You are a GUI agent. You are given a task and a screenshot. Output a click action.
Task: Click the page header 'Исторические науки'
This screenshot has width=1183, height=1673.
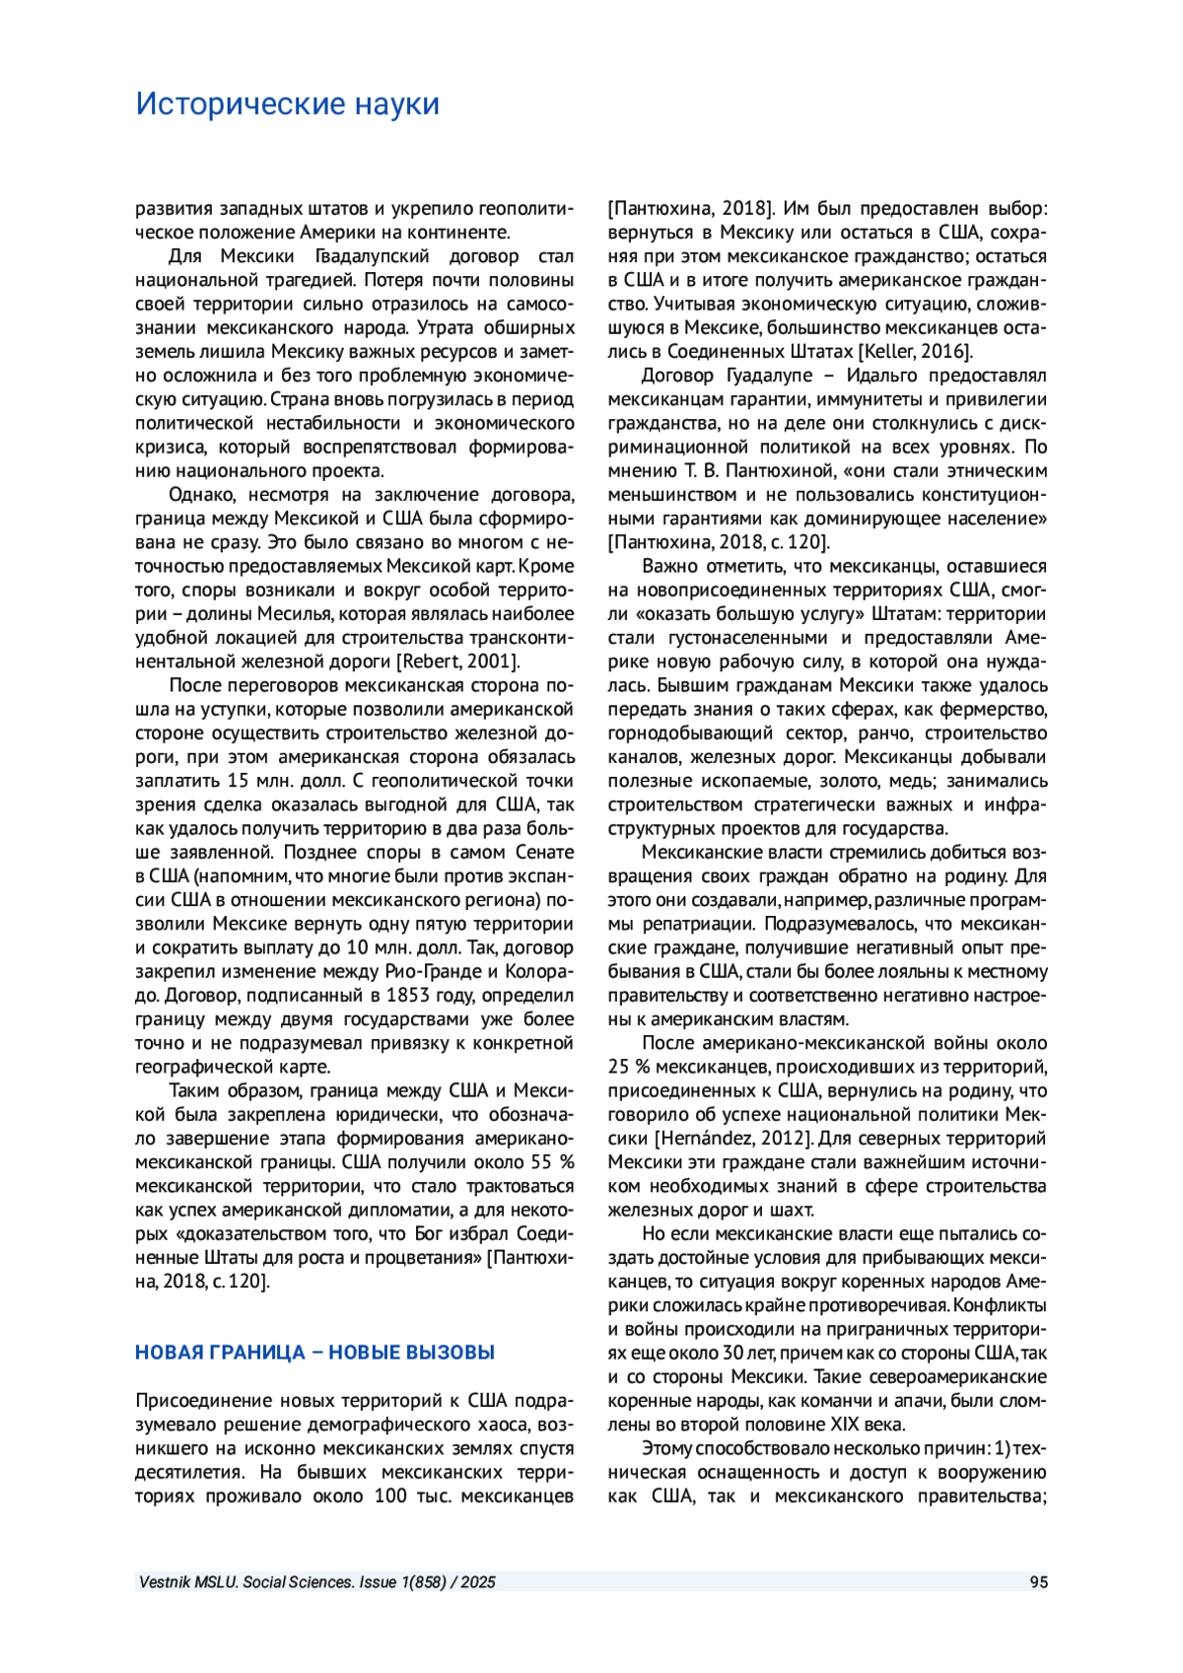point(287,104)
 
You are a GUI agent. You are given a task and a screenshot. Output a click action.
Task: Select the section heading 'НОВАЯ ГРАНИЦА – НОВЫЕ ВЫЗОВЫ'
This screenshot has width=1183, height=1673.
point(314,1353)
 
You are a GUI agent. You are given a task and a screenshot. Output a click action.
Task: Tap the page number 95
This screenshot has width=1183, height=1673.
point(1038,1581)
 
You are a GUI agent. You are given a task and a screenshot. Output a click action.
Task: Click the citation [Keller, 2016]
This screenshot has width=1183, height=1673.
point(916,352)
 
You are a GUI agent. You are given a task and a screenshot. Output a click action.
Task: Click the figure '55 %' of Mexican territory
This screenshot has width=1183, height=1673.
point(552,1162)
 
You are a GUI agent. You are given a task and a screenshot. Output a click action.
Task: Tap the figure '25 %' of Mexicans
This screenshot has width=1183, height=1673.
point(628,1067)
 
